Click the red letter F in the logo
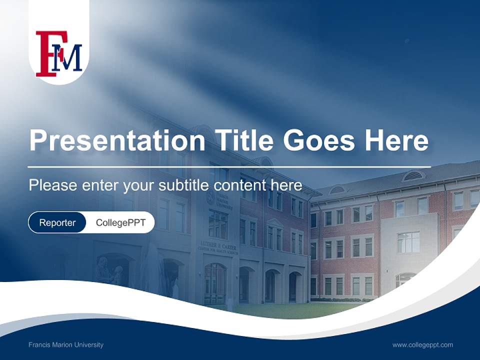coord(44,54)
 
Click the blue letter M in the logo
coord(69,59)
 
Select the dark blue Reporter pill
coord(57,222)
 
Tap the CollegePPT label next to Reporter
coord(120,222)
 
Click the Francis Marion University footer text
coord(66,344)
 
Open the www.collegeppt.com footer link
coord(422,344)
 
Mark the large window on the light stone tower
coord(408,242)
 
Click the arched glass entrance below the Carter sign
coord(215,283)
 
